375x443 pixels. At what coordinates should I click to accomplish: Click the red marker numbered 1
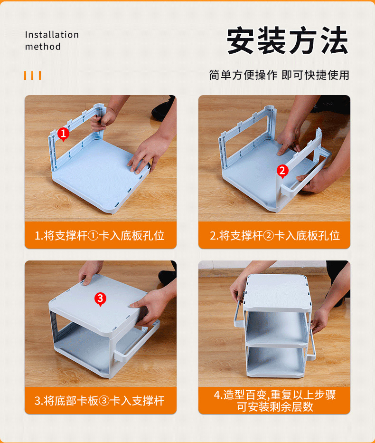[63, 134]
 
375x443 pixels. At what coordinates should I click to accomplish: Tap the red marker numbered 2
[282, 171]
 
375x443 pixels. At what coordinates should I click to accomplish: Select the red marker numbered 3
[100, 299]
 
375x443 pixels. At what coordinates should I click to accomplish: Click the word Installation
[52, 35]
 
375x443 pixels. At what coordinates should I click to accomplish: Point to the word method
[43, 46]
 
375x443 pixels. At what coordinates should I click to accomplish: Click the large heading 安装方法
[288, 40]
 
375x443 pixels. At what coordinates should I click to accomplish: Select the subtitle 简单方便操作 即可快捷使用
[279, 75]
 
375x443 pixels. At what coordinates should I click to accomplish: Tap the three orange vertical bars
[32, 76]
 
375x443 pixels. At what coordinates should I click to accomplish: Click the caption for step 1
[99, 235]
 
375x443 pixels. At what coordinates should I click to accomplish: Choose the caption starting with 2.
[274, 235]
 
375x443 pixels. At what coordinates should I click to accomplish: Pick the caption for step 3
[99, 401]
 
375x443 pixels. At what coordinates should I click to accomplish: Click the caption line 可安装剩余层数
[275, 407]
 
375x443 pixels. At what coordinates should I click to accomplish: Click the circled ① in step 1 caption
[93, 236]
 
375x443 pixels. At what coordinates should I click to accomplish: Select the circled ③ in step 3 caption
[104, 401]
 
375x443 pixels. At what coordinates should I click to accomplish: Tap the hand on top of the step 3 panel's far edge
[91, 272]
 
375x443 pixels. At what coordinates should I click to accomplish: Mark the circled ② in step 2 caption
[268, 236]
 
